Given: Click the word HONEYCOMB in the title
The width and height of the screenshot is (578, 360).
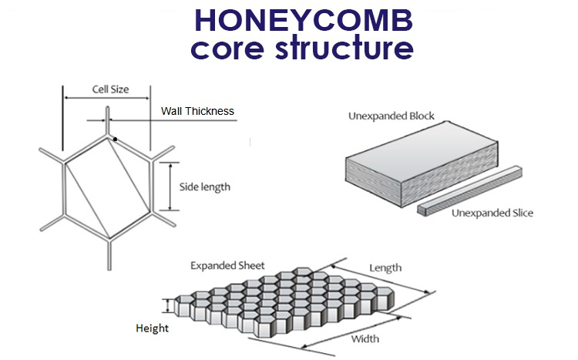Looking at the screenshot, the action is click(304, 20).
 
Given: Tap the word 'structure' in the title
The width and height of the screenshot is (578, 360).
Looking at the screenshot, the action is click(344, 48).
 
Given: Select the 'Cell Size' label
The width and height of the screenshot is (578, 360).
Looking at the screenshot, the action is click(110, 89).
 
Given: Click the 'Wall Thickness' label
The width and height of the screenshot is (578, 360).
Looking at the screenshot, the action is click(197, 111).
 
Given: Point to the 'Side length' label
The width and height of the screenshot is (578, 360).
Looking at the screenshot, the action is click(205, 187).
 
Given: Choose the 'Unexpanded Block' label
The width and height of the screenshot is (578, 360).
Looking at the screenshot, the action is click(391, 116).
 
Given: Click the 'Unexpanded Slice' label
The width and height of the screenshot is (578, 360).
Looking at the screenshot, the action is click(492, 213).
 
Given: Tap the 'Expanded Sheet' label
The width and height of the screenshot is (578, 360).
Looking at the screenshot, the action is click(227, 266).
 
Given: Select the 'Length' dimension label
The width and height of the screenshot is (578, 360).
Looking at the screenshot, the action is click(385, 267).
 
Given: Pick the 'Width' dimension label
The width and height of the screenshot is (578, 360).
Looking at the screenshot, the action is click(365, 338).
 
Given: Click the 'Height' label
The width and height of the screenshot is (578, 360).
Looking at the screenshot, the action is click(153, 328).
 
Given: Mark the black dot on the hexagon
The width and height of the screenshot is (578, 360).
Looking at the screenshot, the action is click(116, 139).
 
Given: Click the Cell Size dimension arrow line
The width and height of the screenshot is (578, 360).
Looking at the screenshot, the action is click(107, 98).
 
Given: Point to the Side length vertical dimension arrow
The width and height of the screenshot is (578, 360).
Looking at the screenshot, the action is click(170, 187).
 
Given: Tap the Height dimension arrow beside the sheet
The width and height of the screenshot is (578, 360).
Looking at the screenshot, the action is click(169, 306).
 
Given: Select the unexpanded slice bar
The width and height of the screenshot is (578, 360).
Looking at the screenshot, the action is click(469, 191).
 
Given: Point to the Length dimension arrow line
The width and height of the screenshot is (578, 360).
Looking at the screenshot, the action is click(381, 279).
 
